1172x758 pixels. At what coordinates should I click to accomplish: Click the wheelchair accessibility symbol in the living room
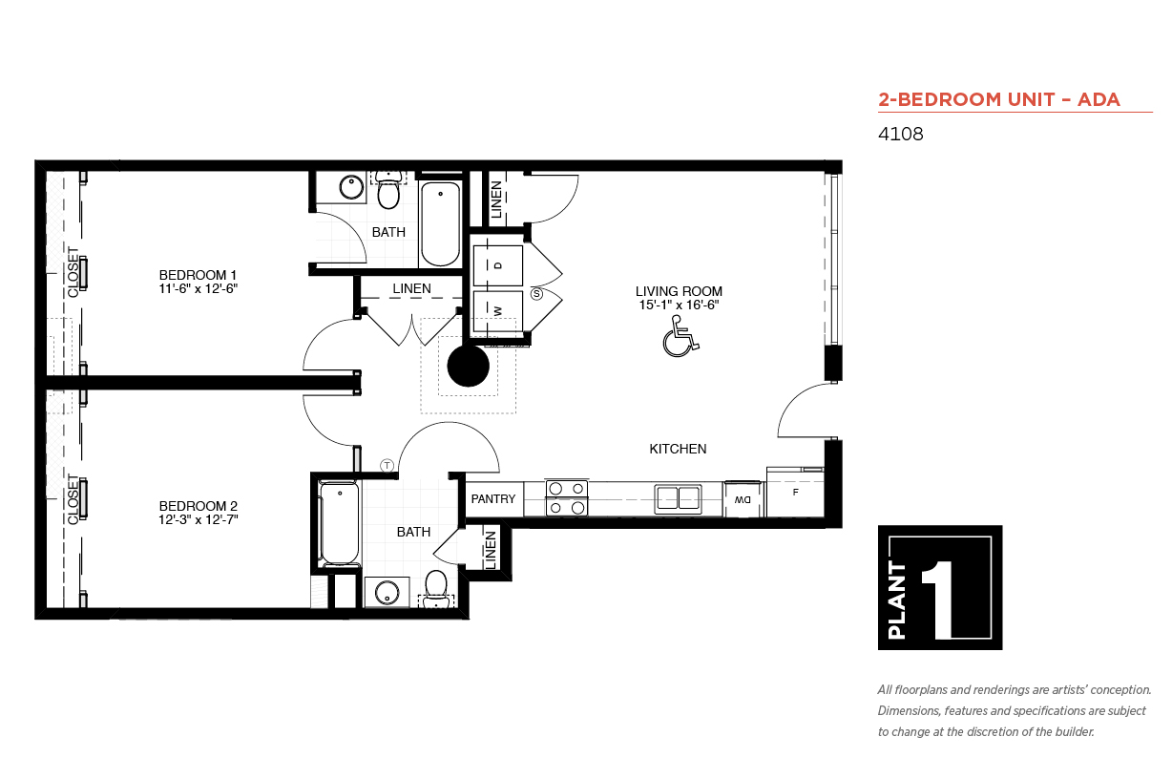pos(679,338)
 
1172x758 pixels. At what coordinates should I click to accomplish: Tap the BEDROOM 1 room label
pos(198,275)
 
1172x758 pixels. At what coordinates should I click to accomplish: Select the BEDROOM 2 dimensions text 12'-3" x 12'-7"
pos(198,519)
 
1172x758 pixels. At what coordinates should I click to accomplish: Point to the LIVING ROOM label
pos(679,291)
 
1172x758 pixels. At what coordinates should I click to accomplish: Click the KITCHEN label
pos(678,449)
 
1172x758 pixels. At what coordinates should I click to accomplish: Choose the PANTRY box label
pos(493,499)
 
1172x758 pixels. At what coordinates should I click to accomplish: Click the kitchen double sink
pos(678,497)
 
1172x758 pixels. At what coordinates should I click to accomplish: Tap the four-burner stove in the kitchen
pos(566,498)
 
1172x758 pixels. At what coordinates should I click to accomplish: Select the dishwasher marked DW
pos(743,499)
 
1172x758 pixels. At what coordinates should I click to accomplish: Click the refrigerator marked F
pos(795,494)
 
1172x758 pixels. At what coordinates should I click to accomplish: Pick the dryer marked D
pos(498,264)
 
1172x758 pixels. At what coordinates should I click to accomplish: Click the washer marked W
pos(498,311)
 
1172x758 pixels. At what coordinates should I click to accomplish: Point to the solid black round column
pos(469,366)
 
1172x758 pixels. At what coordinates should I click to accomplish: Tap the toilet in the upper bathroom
pos(387,192)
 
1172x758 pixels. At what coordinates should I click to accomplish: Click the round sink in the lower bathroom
pos(387,593)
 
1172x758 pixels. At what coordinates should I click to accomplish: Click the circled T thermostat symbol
pos(387,466)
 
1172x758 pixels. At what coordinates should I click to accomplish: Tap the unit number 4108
pos(900,135)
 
